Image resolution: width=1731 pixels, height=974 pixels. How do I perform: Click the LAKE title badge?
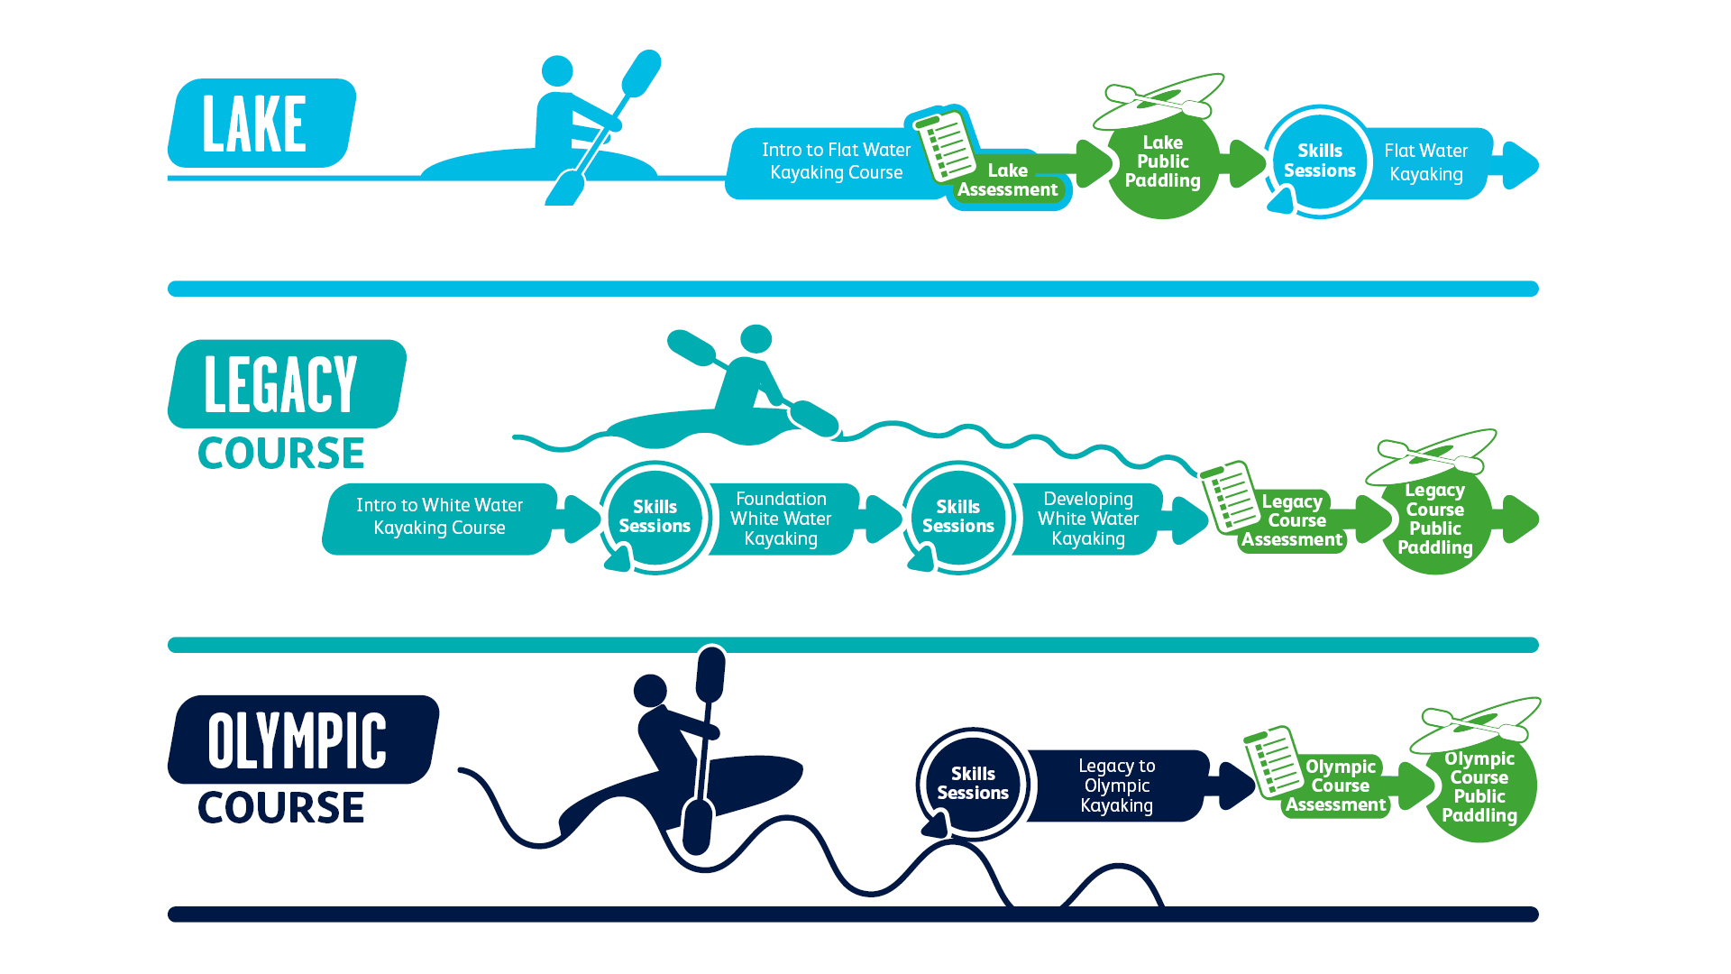tap(261, 124)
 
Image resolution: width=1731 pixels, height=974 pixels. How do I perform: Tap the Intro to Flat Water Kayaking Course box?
tap(835, 161)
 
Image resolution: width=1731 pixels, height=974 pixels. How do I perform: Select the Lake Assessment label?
tap(1007, 180)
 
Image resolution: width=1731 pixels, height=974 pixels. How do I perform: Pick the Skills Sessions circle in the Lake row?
tap(1319, 161)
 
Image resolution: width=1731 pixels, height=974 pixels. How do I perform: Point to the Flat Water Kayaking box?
tap(1425, 163)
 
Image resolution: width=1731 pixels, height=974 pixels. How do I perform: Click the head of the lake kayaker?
tap(557, 70)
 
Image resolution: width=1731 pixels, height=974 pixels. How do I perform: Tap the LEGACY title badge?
tap(285, 384)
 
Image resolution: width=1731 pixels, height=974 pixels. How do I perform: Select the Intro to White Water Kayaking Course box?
tap(439, 517)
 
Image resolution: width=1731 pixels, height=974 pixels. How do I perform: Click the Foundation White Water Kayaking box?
tap(781, 519)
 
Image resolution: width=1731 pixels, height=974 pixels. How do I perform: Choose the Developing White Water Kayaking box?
tap(1087, 519)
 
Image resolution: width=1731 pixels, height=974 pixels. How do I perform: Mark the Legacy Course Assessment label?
tap(1294, 521)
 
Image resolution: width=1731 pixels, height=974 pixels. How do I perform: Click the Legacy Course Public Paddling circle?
tap(1434, 520)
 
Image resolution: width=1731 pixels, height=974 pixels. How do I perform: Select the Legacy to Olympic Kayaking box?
tap(1116, 786)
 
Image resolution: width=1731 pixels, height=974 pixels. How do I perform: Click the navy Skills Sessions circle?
tap(972, 783)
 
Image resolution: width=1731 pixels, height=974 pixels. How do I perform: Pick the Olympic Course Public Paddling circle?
tap(1479, 787)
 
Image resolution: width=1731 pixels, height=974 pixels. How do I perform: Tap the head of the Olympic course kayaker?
tap(650, 691)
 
